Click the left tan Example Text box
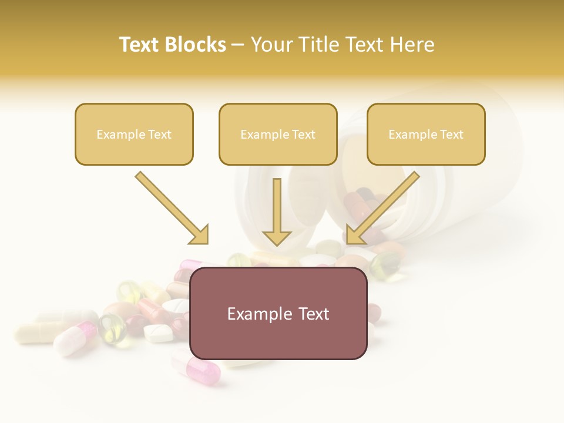[x=134, y=135]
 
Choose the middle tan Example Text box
[x=278, y=135]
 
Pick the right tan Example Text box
[x=426, y=135]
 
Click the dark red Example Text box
[x=278, y=314]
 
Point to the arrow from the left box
[x=170, y=207]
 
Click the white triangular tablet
[x=159, y=333]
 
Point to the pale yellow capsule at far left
[x=36, y=333]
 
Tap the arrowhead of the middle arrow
[x=277, y=239]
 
